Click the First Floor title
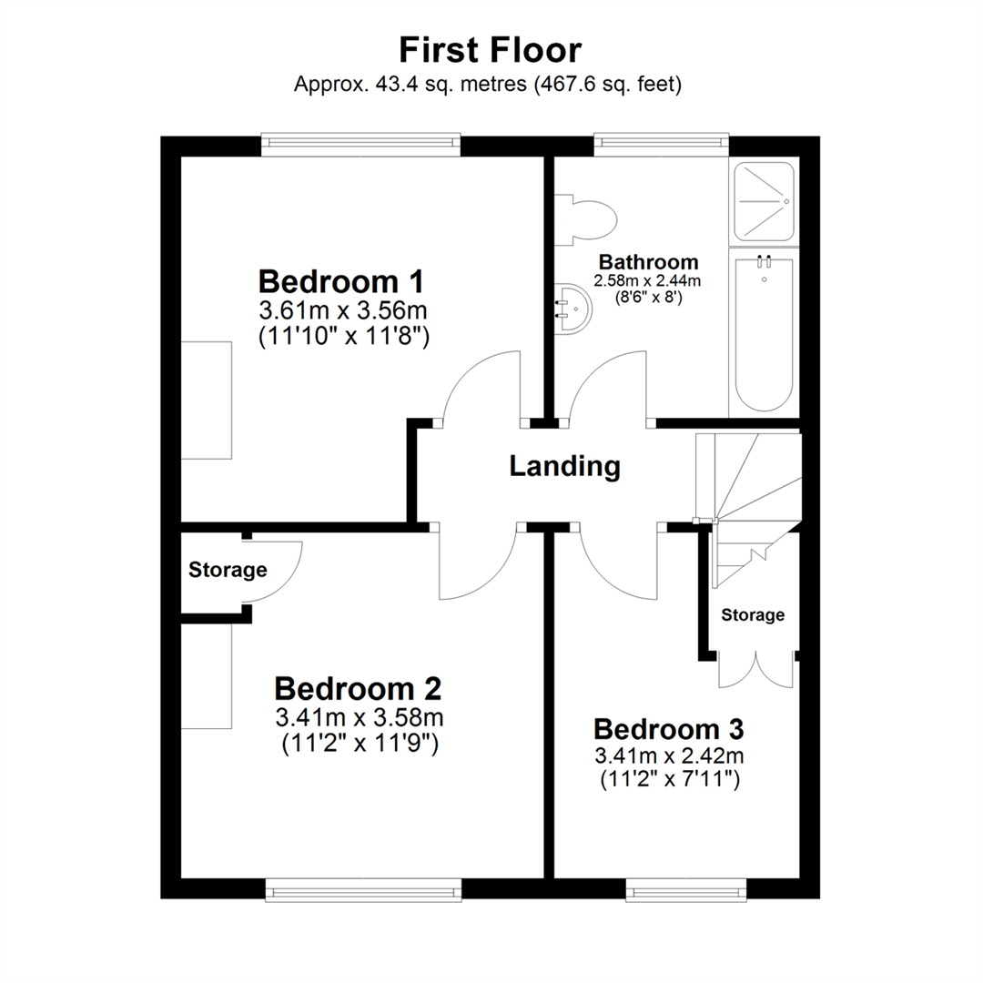491,49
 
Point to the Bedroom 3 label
669,729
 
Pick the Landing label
564,467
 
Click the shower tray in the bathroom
763,201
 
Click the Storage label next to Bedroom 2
228,571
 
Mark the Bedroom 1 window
360,144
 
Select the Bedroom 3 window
686,889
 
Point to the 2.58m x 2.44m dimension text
647,280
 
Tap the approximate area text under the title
488,85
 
